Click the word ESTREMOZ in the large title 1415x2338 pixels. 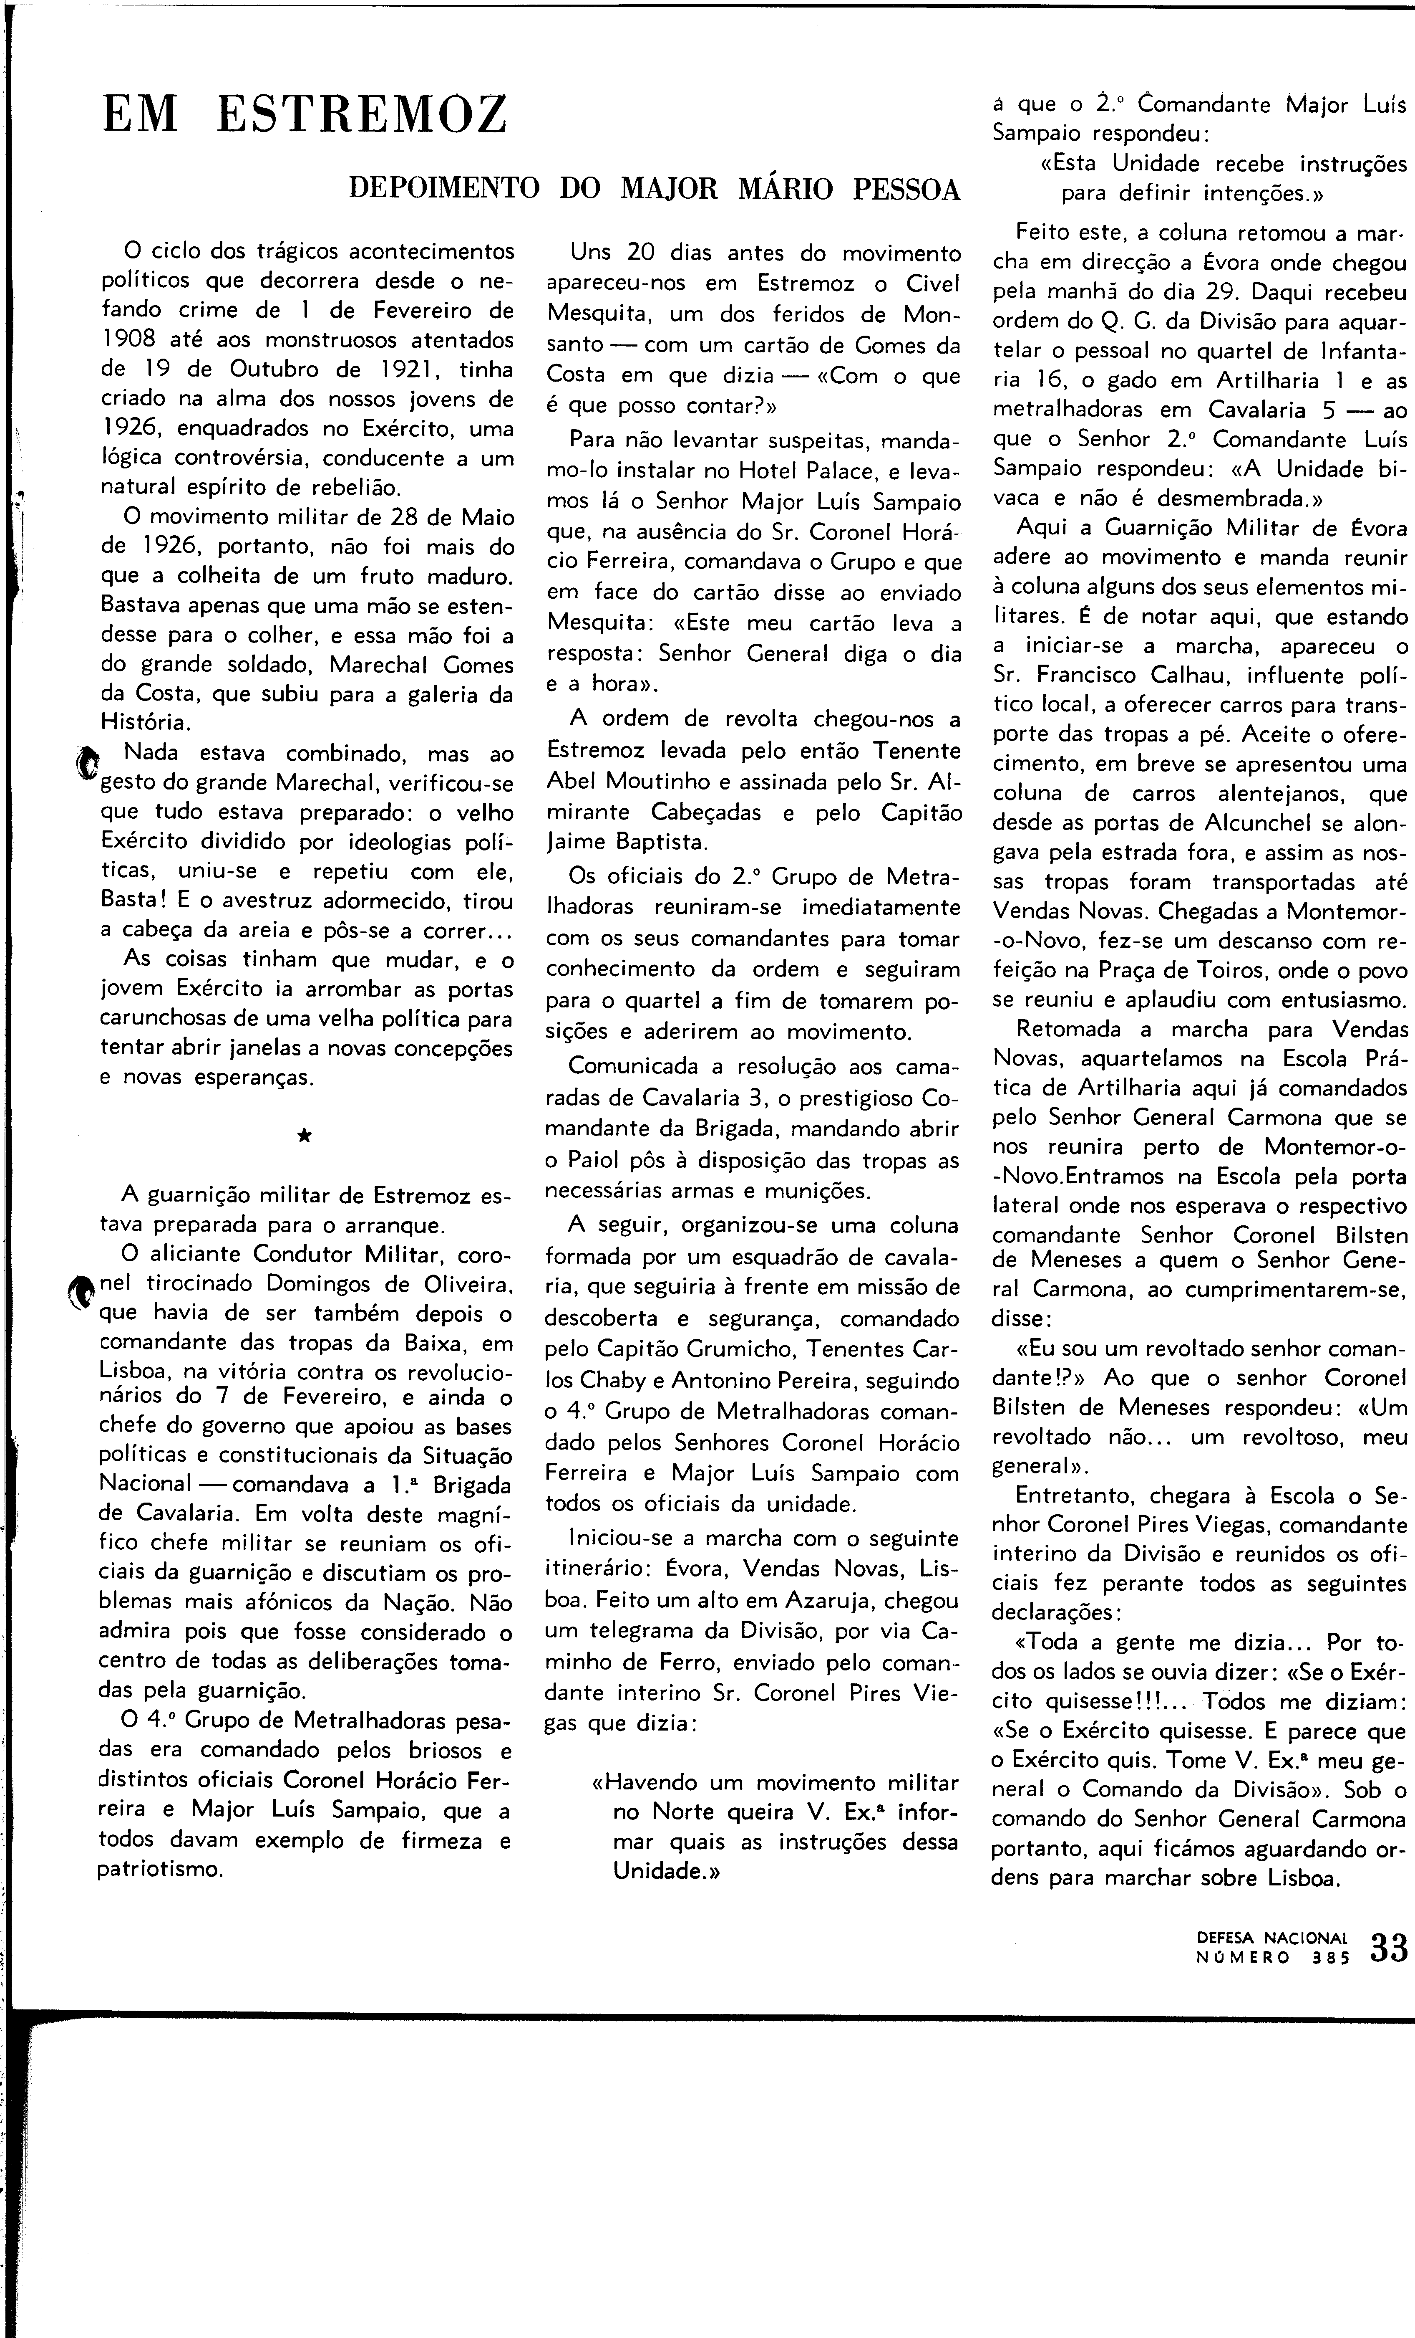point(361,115)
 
